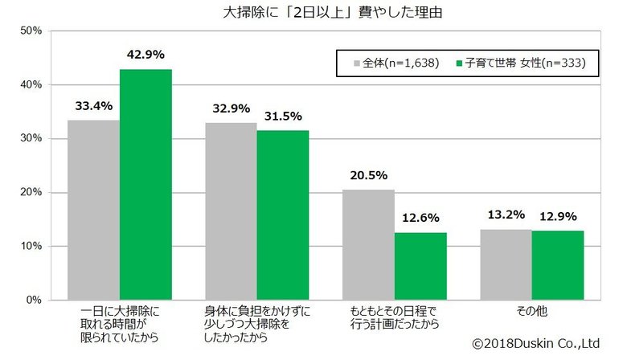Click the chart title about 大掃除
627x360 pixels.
point(321,13)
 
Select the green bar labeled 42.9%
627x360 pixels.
point(145,184)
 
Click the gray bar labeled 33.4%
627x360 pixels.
point(93,210)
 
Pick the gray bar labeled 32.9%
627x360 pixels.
point(231,211)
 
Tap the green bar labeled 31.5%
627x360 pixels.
point(283,215)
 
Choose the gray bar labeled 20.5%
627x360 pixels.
point(368,244)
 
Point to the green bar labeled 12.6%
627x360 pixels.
point(420,266)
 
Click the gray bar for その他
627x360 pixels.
point(506,264)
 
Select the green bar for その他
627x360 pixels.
point(558,265)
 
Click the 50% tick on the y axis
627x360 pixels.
point(31,31)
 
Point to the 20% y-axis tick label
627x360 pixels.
point(31,192)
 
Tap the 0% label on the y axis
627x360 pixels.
point(34,300)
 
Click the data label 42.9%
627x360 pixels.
point(145,55)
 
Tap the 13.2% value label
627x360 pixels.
point(506,215)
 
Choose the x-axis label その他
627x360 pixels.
point(531,310)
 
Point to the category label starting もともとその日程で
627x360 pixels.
point(395,317)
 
